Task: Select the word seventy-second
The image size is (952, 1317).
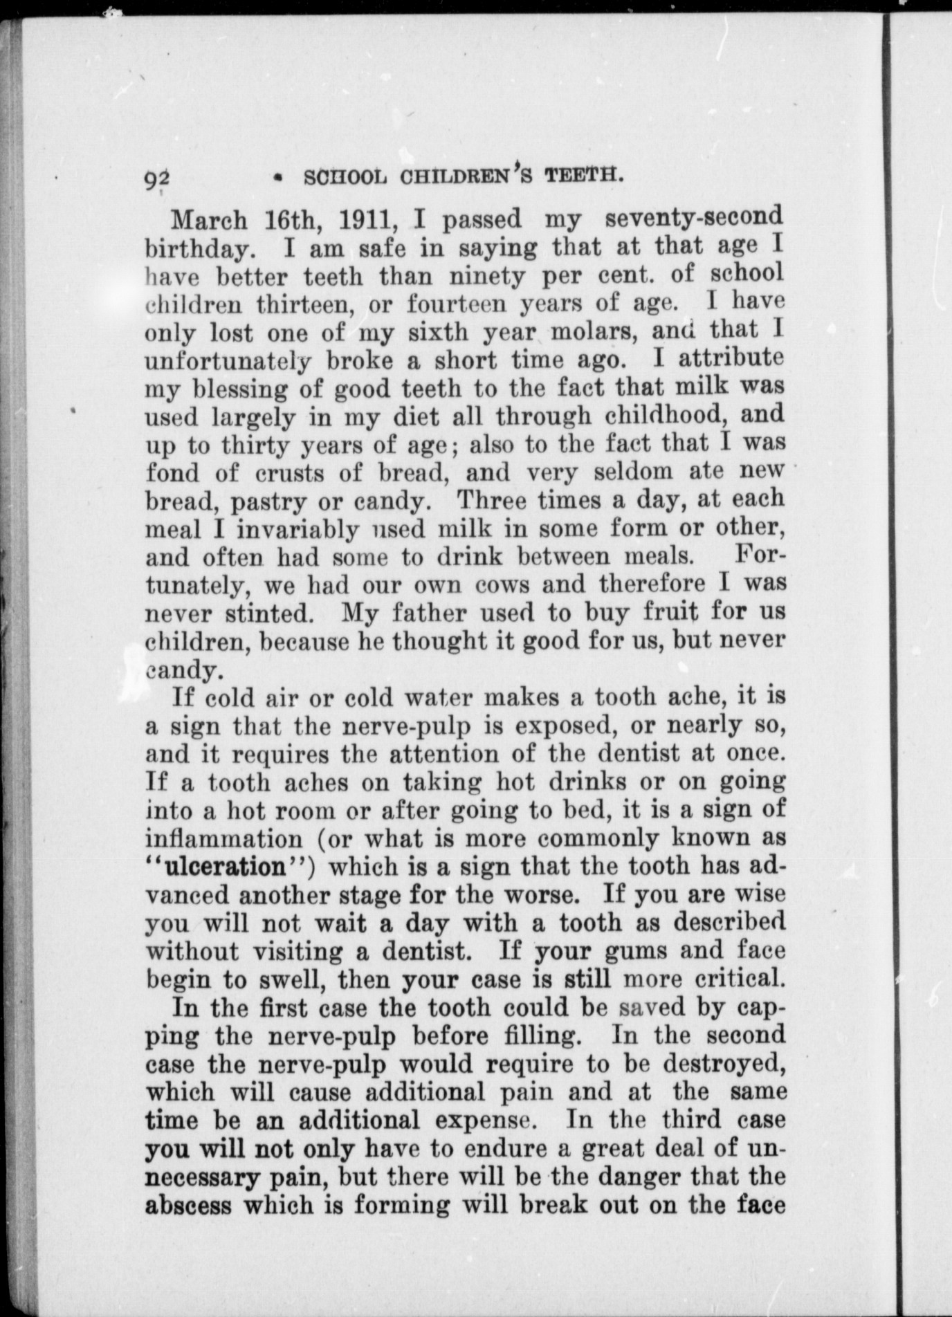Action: (694, 217)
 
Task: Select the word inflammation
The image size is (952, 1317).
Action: (224, 839)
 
